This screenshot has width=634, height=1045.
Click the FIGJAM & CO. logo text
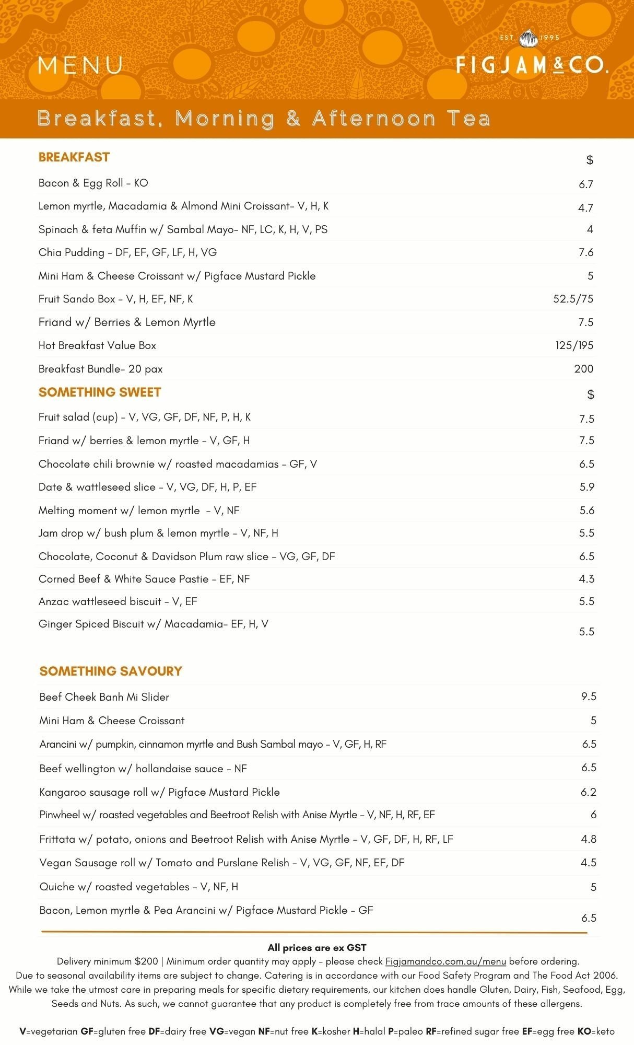click(532, 65)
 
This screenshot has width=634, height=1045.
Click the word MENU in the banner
click(80, 65)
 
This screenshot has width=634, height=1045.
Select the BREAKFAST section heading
click(74, 157)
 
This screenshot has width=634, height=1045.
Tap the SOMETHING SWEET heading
click(100, 392)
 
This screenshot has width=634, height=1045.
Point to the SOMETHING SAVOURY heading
click(111, 671)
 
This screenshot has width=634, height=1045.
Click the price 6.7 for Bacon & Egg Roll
click(585, 184)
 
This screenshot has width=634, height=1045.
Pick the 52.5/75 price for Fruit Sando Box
click(573, 299)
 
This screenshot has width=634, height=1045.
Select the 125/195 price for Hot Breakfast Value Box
click(574, 345)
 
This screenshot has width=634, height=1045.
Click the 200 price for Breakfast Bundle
click(583, 369)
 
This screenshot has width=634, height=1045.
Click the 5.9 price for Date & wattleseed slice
click(586, 487)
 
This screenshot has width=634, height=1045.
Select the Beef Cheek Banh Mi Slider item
click(104, 697)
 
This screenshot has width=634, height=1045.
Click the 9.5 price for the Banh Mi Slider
click(589, 696)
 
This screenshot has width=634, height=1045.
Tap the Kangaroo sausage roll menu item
click(159, 792)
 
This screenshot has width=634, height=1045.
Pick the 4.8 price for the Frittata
click(589, 839)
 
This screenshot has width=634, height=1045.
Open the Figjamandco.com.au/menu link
click(445, 961)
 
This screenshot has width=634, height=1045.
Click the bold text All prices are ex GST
click(317, 948)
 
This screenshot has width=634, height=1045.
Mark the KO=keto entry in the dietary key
click(596, 1031)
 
